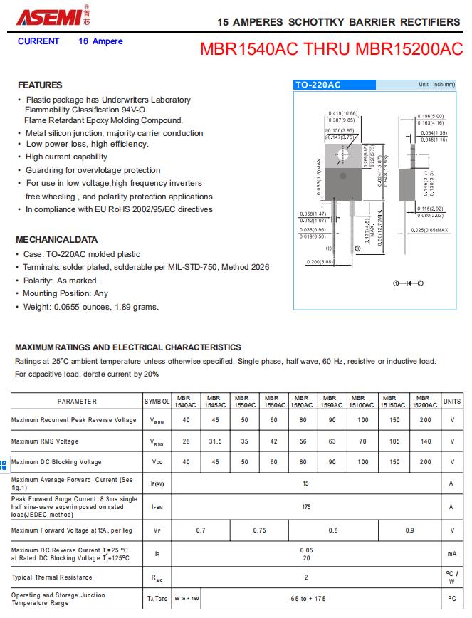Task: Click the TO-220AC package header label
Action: point(318,85)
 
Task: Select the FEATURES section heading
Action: point(40,85)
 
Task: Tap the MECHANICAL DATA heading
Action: point(56,240)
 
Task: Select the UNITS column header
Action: point(451,402)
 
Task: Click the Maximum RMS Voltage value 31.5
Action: point(216,441)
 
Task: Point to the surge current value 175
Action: point(306,507)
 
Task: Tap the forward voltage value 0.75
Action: point(259,530)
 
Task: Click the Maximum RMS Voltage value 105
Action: point(390,441)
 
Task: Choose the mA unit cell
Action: point(451,553)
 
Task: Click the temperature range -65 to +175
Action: point(306,599)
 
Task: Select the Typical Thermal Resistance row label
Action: point(52,577)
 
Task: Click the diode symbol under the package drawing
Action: point(409,283)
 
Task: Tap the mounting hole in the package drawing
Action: point(345,154)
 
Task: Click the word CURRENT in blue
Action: point(38,41)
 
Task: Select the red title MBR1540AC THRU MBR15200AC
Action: point(332,50)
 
